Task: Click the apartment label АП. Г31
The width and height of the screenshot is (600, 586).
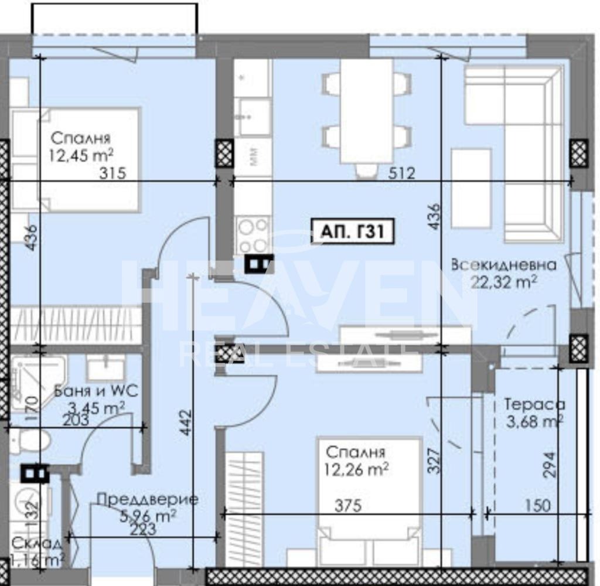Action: pyautogui.click(x=352, y=231)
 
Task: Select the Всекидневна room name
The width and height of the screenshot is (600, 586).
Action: pyautogui.click(x=503, y=265)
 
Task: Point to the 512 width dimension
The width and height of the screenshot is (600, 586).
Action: pyautogui.click(x=403, y=173)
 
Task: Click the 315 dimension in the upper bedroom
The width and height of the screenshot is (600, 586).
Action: pyautogui.click(x=113, y=173)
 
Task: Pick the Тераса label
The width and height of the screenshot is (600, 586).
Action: pyautogui.click(x=534, y=404)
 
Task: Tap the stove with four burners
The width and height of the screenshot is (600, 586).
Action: pyautogui.click(x=253, y=235)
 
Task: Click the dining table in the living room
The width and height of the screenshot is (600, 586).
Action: pyautogui.click(x=367, y=111)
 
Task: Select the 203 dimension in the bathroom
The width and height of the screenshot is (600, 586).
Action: pyautogui.click(x=76, y=420)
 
